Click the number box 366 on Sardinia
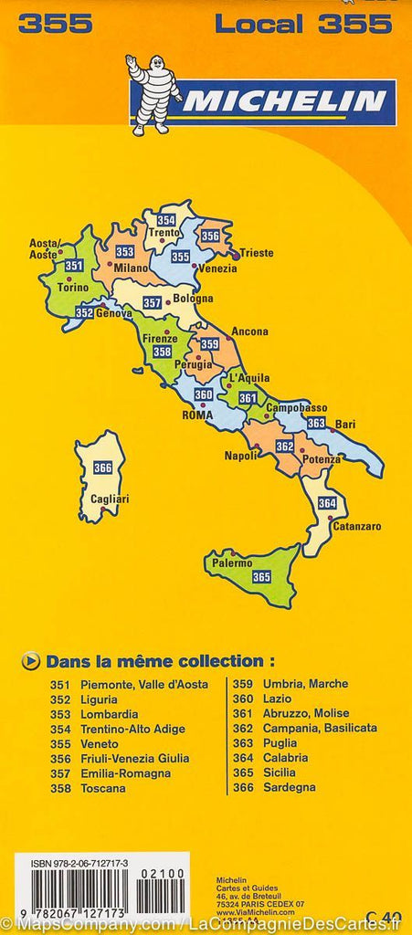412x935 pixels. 103,468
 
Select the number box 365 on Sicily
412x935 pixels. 261,576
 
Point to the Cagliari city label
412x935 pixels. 111,499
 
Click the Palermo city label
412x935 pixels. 231,563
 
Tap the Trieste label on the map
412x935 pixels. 257,253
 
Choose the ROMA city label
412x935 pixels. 197,415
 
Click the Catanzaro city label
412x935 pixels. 357,527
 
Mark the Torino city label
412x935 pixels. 73,287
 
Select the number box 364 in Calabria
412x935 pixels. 327,503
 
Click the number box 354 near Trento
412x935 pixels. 165,220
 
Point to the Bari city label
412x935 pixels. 345,424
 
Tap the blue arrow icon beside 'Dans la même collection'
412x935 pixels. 32,660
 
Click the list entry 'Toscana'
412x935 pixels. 104,787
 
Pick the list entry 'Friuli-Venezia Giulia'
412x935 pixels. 134,758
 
